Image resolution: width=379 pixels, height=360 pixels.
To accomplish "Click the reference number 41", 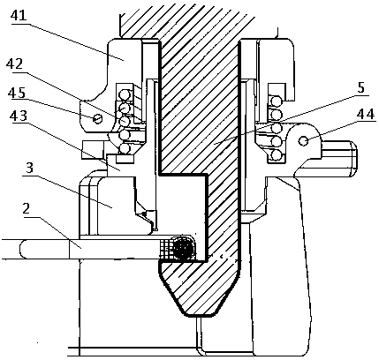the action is pos(18,16).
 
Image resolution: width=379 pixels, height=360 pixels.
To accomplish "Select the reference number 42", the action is pos(15,64).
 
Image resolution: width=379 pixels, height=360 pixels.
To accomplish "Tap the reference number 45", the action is pos(17,94).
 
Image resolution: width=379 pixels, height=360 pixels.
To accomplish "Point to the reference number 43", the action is pos(18,116).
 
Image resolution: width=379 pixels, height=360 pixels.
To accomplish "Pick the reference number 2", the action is pos(27,209).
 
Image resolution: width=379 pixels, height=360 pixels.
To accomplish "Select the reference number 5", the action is pos(361,87).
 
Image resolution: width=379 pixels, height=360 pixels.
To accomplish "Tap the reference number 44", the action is pos(366,114).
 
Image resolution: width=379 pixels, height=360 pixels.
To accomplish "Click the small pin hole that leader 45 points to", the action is pos(97,118).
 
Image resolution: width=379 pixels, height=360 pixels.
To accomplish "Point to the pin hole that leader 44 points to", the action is pos(304,141).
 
